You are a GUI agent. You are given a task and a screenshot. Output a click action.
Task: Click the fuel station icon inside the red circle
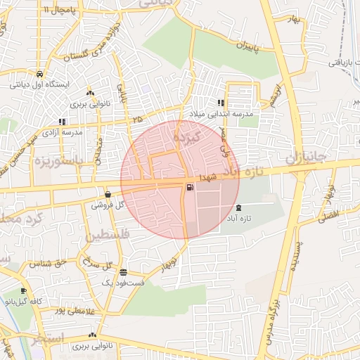point(191,187)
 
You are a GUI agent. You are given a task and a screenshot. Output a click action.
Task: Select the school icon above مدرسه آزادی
point(63,122)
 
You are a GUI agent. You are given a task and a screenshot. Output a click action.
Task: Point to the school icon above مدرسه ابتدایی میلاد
point(221,103)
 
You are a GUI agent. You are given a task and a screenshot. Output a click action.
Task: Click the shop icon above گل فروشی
point(107,194)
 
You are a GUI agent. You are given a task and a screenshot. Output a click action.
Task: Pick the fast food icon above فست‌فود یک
point(124,272)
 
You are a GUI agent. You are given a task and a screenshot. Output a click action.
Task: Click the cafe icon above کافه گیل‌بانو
point(23,291)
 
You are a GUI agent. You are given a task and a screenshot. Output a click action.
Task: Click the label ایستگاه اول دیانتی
point(39,84)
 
